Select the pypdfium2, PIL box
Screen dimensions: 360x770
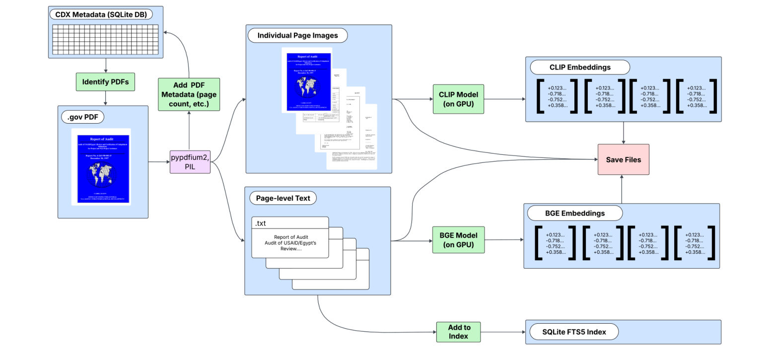[190, 161]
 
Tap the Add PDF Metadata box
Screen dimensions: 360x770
[189, 94]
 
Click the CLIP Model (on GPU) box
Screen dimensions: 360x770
[458, 99]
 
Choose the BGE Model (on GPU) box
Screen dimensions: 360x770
[458, 240]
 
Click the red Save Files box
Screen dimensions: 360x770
[623, 159]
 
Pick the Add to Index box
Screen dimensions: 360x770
[459, 332]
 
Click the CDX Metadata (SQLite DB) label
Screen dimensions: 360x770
[101, 14]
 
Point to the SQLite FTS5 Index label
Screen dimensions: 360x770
[574, 332]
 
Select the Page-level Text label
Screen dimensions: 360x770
[282, 198]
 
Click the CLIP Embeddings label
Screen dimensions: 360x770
[580, 67]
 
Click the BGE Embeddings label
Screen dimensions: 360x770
[574, 214]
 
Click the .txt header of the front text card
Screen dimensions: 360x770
[290, 223]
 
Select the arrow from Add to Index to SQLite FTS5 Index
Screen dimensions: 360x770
[502, 332]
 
